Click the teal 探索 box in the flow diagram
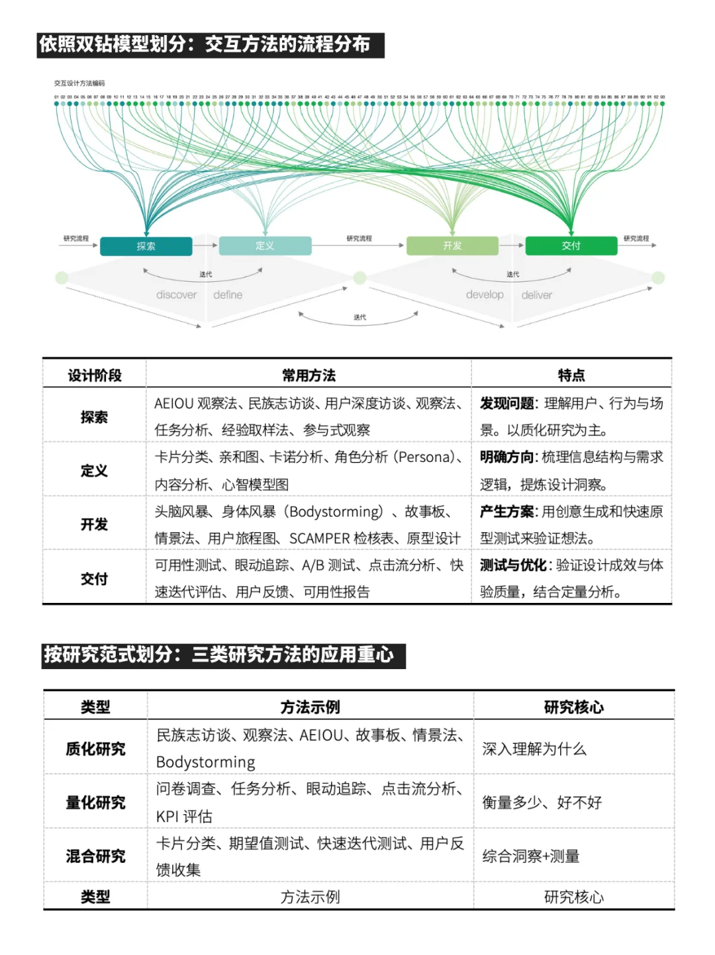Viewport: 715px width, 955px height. (146, 246)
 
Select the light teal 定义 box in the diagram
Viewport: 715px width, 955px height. (265, 246)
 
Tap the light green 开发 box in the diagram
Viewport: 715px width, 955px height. (452, 246)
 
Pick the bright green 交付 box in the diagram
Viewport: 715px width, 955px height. (571, 246)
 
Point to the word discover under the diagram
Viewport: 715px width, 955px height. (176, 295)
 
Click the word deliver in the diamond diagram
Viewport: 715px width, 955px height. (536, 295)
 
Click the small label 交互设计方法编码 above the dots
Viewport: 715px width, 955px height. (79, 83)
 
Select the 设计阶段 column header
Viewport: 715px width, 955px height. (95, 376)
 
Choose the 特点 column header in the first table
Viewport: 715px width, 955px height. (571, 376)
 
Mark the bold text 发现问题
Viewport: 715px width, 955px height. (506, 404)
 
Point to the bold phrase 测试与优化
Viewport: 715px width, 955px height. (513, 565)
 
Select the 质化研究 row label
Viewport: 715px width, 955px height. (95, 749)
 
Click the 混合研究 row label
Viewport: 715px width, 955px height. (95, 856)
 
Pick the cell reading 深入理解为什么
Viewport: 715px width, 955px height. (534, 749)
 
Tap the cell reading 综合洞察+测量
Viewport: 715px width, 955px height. (531, 856)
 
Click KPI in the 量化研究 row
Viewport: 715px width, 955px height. (167, 817)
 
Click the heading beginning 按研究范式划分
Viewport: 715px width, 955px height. (219, 655)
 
